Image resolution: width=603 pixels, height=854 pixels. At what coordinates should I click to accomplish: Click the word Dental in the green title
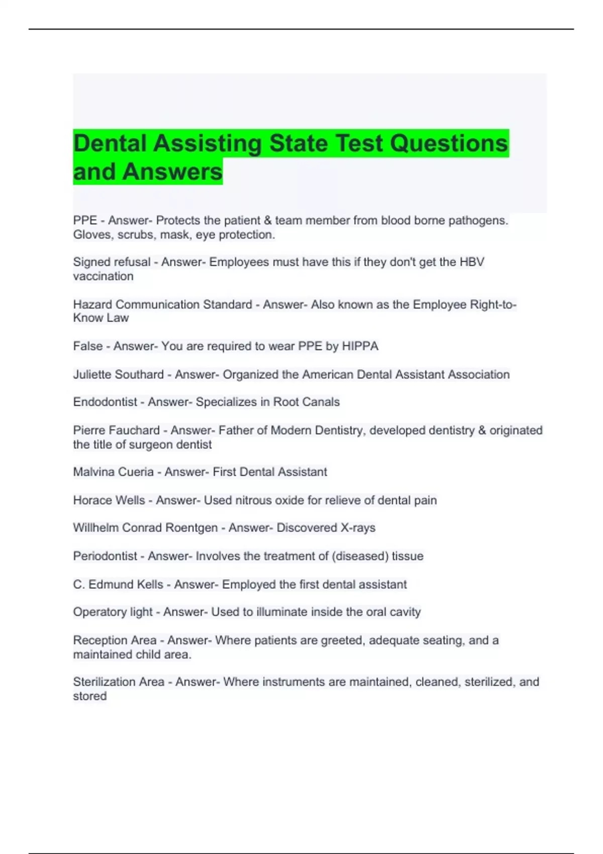tap(110, 143)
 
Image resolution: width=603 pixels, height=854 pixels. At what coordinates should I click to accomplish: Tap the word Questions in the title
tap(449, 143)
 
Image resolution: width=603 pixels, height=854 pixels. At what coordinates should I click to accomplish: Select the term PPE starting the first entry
tap(85, 221)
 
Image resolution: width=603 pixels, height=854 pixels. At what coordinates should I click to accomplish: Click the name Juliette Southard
tap(118, 375)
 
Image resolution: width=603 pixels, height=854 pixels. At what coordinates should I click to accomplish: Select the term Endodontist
tap(105, 402)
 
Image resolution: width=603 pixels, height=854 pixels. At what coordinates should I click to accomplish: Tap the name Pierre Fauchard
tap(116, 431)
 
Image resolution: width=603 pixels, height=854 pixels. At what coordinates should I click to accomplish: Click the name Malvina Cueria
tap(113, 472)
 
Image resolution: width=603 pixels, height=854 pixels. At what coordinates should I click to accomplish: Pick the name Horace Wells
tap(109, 500)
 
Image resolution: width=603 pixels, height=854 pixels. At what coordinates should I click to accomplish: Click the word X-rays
tap(358, 528)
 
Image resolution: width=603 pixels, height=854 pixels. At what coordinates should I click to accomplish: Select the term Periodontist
tap(105, 556)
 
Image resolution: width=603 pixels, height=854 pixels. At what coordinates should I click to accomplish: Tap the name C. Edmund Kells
tap(118, 585)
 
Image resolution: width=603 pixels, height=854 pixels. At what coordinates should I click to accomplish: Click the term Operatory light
tap(113, 612)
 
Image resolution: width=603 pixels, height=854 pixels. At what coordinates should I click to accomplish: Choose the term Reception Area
tap(115, 640)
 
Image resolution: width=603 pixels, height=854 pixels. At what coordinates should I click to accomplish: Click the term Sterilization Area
tap(119, 682)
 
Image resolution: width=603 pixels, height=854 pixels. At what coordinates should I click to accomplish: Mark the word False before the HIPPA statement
tap(87, 346)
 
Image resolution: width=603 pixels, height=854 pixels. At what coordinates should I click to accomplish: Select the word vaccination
tap(103, 276)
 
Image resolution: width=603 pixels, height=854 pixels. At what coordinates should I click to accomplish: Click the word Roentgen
tap(193, 528)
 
